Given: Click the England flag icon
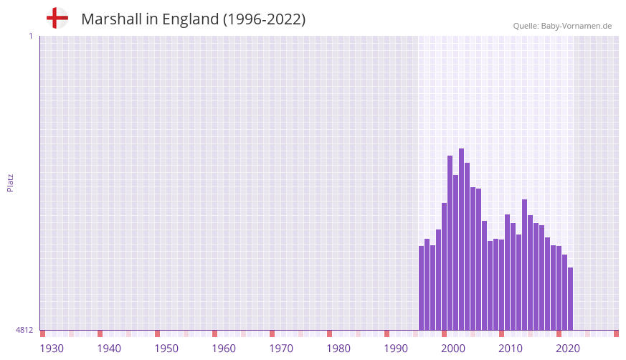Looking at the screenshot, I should pyautogui.click(x=57, y=19).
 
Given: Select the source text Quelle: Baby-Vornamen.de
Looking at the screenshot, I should pyautogui.click(x=562, y=26).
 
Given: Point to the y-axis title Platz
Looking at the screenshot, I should pyautogui.click(x=11, y=182).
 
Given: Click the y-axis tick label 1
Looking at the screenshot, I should pyautogui.click(x=30, y=36).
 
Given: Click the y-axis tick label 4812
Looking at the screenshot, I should pyautogui.click(x=24, y=331).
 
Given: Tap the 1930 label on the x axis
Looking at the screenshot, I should pyautogui.click(x=52, y=349).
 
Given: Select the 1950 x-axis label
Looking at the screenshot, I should pyautogui.click(x=166, y=349).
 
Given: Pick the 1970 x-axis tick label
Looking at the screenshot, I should pyautogui.click(x=281, y=349).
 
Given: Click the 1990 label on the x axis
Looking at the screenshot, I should pyautogui.click(x=396, y=349).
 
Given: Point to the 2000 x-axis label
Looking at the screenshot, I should pyautogui.click(x=453, y=349).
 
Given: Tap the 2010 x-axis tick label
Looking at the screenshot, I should pyautogui.click(x=511, y=349).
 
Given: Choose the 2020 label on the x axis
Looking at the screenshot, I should pyautogui.click(x=568, y=349).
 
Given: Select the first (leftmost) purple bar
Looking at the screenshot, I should pyautogui.click(x=422, y=288).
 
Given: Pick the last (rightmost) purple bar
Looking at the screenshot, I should pyautogui.click(x=571, y=298).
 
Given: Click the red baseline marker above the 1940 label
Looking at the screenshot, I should pyautogui.click(x=100, y=333).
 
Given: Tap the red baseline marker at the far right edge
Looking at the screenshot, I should pyautogui.click(x=616, y=333).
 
